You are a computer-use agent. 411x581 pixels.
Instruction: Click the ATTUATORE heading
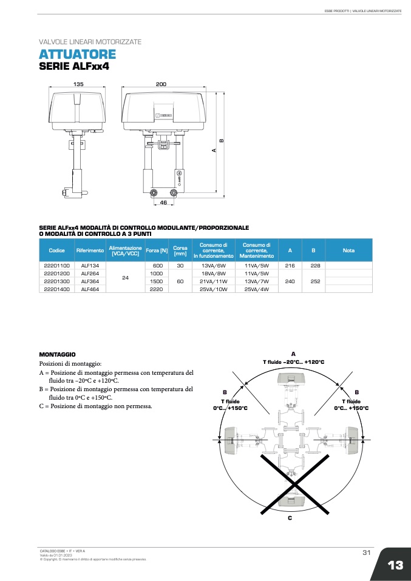pyautogui.click(x=77, y=55)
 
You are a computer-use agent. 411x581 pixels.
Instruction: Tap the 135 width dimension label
pyautogui.click(x=78, y=84)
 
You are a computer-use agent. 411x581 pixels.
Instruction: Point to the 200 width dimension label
pyautogui.click(x=161, y=84)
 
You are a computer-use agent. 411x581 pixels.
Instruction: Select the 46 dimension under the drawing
pyautogui.click(x=163, y=203)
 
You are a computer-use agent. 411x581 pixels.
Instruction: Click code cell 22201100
pyautogui.click(x=57, y=266)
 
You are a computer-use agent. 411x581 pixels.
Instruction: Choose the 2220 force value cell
pyautogui.click(x=156, y=289)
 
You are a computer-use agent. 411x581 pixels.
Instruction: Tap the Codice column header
pyautogui.click(x=57, y=250)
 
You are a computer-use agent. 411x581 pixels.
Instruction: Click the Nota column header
pyautogui.click(x=348, y=250)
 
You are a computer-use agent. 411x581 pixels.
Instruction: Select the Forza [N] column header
pyautogui.click(x=156, y=250)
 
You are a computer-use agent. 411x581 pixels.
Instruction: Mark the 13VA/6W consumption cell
pyautogui.click(x=213, y=266)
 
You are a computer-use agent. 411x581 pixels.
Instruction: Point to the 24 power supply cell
pyautogui.click(x=125, y=277)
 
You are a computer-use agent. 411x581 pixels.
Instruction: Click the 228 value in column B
pyautogui.click(x=313, y=266)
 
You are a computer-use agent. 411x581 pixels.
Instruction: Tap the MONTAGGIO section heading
pyautogui.click(x=57, y=354)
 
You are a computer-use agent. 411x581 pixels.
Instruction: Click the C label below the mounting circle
pyautogui.click(x=290, y=518)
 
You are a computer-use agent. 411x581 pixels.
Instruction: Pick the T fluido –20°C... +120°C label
pyautogui.click(x=293, y=362)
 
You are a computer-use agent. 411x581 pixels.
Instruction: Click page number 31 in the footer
pyautogui.click(x=366, y=552)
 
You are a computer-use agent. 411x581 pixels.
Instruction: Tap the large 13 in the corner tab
pyautogui.click(x=395, y=565)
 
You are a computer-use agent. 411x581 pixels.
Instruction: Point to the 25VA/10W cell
pyautogui.click(x=213, y=289)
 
